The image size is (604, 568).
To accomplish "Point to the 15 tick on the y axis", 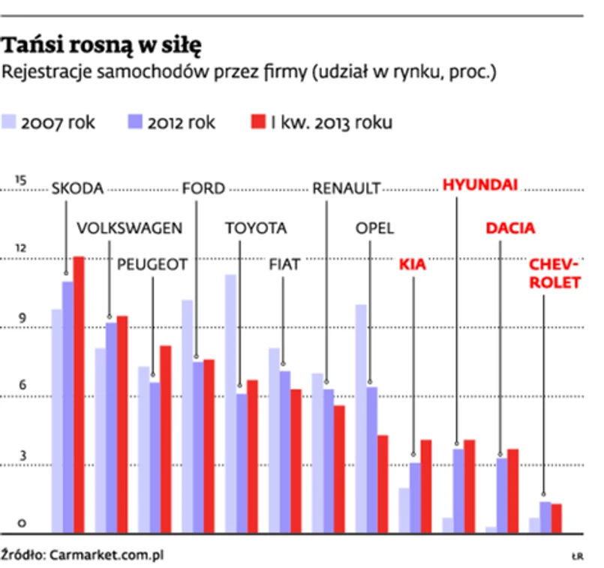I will [20, 180].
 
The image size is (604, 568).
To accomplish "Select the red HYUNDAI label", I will [480, 185].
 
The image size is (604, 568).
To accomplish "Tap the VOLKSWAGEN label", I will [130, 228].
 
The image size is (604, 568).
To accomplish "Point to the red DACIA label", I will [510, 228].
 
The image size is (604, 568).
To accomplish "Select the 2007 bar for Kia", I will [404, 510].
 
